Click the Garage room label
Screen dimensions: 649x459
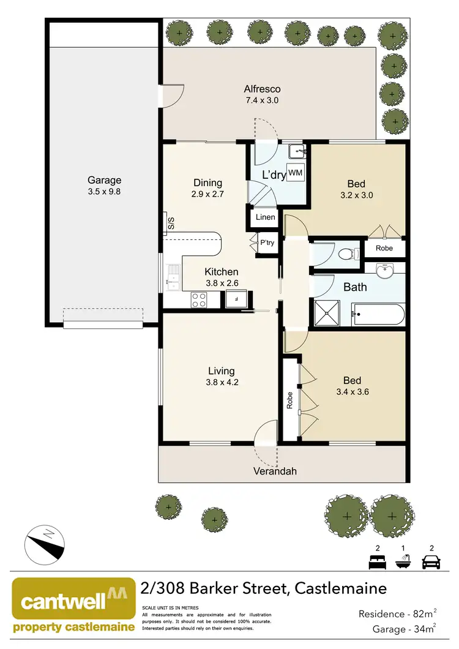(x=104, y=180)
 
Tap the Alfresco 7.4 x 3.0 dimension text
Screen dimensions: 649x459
(x=262, y=101)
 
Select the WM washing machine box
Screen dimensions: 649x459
(x=296, y=173)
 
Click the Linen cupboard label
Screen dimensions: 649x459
(x=265, y=217)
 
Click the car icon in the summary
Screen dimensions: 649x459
(x=432, y=561)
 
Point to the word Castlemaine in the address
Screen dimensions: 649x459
(x=341, y=588)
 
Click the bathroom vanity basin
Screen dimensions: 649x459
(x=385, y=271)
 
